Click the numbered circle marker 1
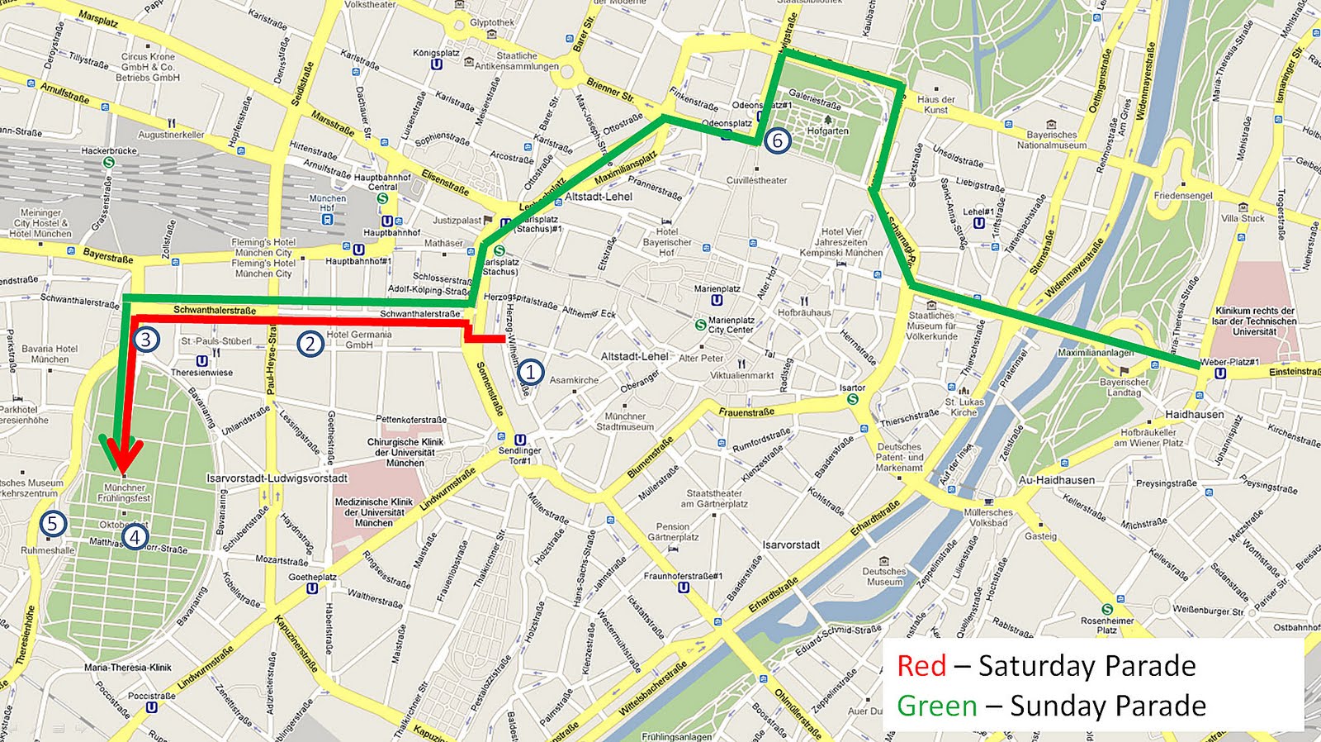tap(530, 373)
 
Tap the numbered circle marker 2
tap(310, 343)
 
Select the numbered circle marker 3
tap(145, 339)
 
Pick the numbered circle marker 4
tap(135, 537)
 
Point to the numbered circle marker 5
tap(52, 523)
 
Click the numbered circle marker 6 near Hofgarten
tap(776, 140)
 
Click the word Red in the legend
tap(921, 666)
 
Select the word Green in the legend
tap(936, 706)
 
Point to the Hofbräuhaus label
tap(804, 312)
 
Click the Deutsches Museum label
tap(884, 576)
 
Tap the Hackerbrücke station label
tap(109, 151)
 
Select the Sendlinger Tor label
tap(519, 455)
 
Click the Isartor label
tap(852, 388)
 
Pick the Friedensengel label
tap(1183, 196)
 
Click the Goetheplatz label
tap(312, 578)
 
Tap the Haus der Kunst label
tap(935, 104)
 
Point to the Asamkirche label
tap(574, 380)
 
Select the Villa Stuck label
tap(1243, 218)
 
